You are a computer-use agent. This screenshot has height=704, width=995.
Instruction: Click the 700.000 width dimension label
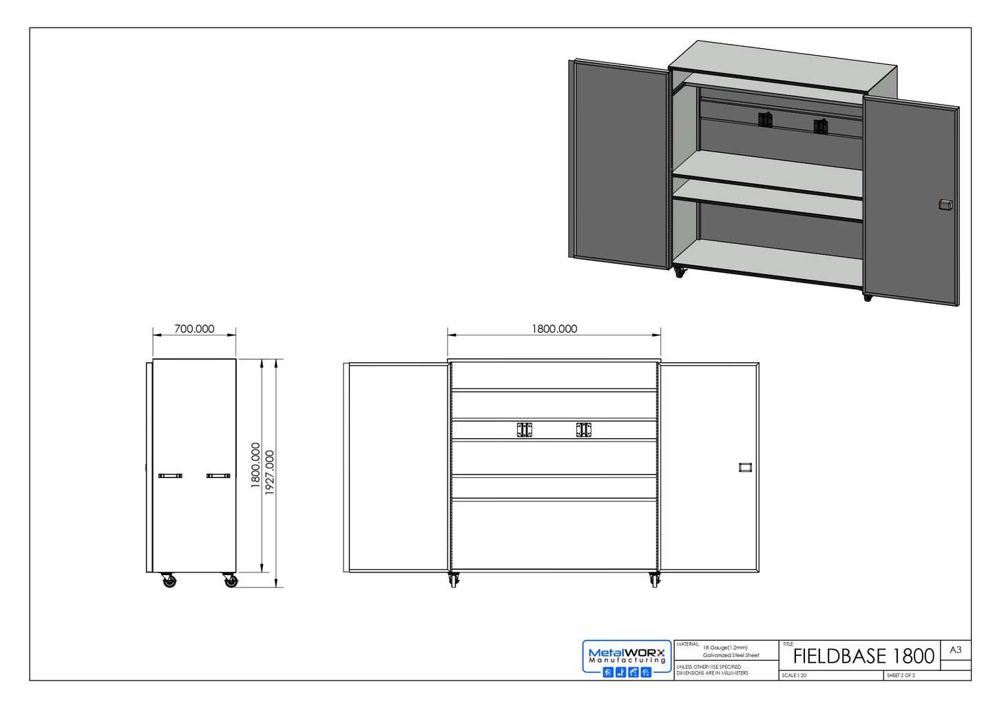point(194,329)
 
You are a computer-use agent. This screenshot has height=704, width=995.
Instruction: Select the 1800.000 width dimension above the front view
point(554,329)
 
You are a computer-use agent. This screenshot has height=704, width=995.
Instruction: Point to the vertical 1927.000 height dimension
point(270,473)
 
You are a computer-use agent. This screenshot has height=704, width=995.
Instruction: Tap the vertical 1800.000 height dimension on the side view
point(255,466)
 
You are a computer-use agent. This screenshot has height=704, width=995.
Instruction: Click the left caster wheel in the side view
point(169,581)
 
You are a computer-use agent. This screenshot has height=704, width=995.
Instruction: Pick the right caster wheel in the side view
point(231,581)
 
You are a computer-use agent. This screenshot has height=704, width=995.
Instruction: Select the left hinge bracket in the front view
point(525,430)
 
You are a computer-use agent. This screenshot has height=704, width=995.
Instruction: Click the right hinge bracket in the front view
point(584,430)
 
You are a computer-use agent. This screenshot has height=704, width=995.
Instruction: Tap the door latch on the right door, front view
point(744,467)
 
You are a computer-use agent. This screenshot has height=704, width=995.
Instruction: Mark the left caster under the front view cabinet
point(452,580)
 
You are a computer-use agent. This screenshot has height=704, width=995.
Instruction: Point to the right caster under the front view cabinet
point(653,580)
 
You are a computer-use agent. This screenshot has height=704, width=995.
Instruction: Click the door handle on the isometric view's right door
point(945,205)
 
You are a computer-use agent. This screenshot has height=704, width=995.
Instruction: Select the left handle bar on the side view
point(170,475)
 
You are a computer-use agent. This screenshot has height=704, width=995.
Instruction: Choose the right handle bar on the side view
point(218,475)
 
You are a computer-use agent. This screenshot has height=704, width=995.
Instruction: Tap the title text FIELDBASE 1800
point(863,656)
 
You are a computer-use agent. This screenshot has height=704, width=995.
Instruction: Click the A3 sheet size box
point(955,650)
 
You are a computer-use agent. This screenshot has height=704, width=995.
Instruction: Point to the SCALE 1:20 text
point(794,675)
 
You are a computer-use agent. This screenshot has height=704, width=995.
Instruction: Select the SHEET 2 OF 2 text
point(901,675)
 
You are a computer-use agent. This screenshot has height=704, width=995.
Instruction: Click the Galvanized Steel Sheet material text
point(731,655)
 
